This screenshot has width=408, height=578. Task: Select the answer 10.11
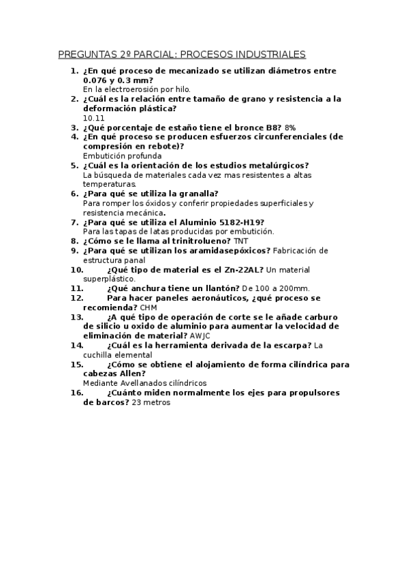pos(93,117)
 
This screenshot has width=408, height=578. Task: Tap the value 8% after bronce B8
pos(290,127)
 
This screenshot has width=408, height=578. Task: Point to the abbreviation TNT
pos(241,241)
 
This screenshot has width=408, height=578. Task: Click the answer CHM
pos(148,307)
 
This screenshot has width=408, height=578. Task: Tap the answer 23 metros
pos(151,402)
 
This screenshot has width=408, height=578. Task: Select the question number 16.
pos(76,393)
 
